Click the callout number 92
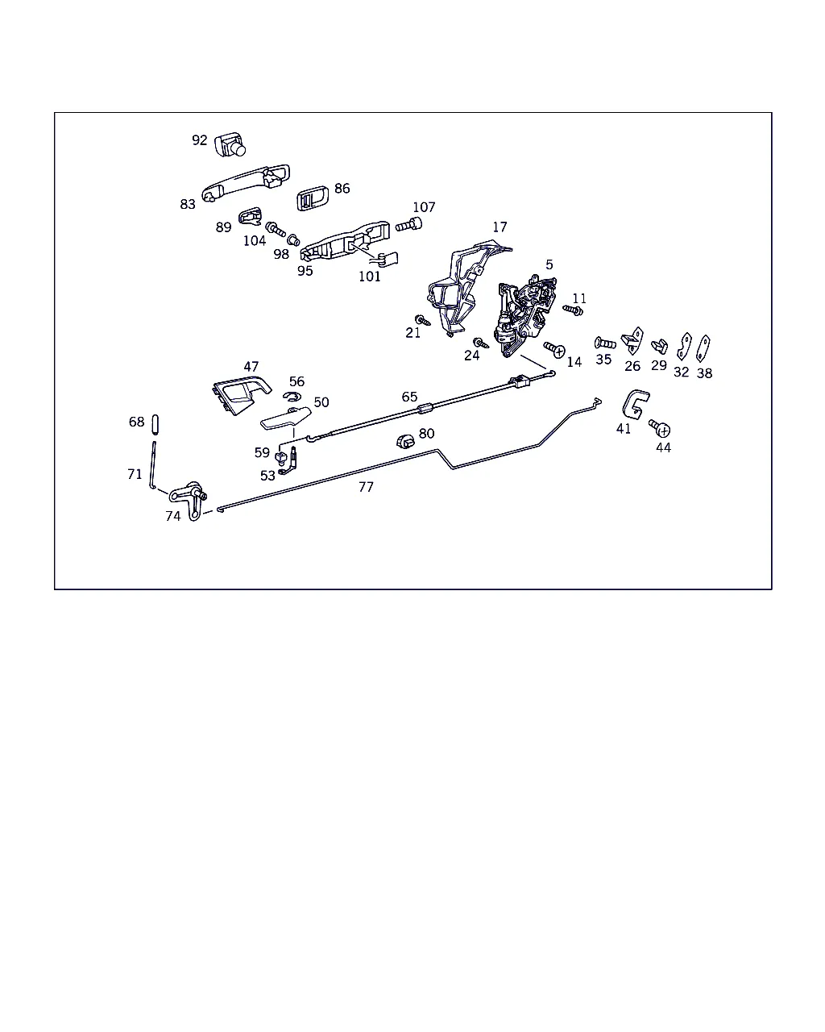point(200,140)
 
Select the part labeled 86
point(312,198)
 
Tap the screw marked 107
point(409,224)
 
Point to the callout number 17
point(500,227)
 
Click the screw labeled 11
point(573,310)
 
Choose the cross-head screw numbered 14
point(554,349)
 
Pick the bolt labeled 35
point(605,343)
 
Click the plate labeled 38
point(703,348)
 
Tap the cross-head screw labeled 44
point(660,428)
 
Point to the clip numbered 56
point(292,396)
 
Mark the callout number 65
point(409,397)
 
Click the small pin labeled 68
point(155,424)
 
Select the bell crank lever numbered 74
point(189,500)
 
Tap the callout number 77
point(366,487)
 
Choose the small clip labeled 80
point(405,441)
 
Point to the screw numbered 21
point(422,320)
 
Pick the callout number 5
point(549,264)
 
